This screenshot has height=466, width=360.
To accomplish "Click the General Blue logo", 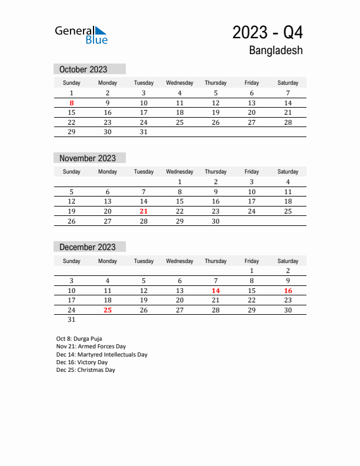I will point(81,35).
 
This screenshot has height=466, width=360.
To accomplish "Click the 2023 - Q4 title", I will point(268,32).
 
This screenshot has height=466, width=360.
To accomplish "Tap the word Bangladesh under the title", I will point(276,51).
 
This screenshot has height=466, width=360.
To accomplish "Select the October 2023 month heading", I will point(84,69).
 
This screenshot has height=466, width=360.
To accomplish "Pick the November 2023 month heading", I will point(88,158).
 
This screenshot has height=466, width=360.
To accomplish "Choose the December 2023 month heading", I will point(88,247).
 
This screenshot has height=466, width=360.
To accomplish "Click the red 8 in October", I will point(72,103).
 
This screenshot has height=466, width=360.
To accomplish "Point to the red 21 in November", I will point(144,211).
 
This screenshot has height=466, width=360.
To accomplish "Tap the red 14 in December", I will point(216,291).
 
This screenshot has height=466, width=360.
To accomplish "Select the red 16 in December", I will point(288,291).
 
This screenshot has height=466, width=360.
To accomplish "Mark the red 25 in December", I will point(108,310).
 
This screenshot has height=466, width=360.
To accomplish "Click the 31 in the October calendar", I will point(144,132).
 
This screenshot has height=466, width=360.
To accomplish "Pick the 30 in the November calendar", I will point(216,221).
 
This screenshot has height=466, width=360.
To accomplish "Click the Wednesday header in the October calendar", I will point(179,83).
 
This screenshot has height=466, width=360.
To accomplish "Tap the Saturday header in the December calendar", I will point(288,261).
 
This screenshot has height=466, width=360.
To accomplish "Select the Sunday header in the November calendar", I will point(72,172).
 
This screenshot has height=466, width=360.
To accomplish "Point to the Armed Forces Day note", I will point(91,347).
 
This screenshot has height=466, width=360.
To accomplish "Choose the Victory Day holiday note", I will point(82,362).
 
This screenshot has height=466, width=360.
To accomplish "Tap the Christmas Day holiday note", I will point(86,370).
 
